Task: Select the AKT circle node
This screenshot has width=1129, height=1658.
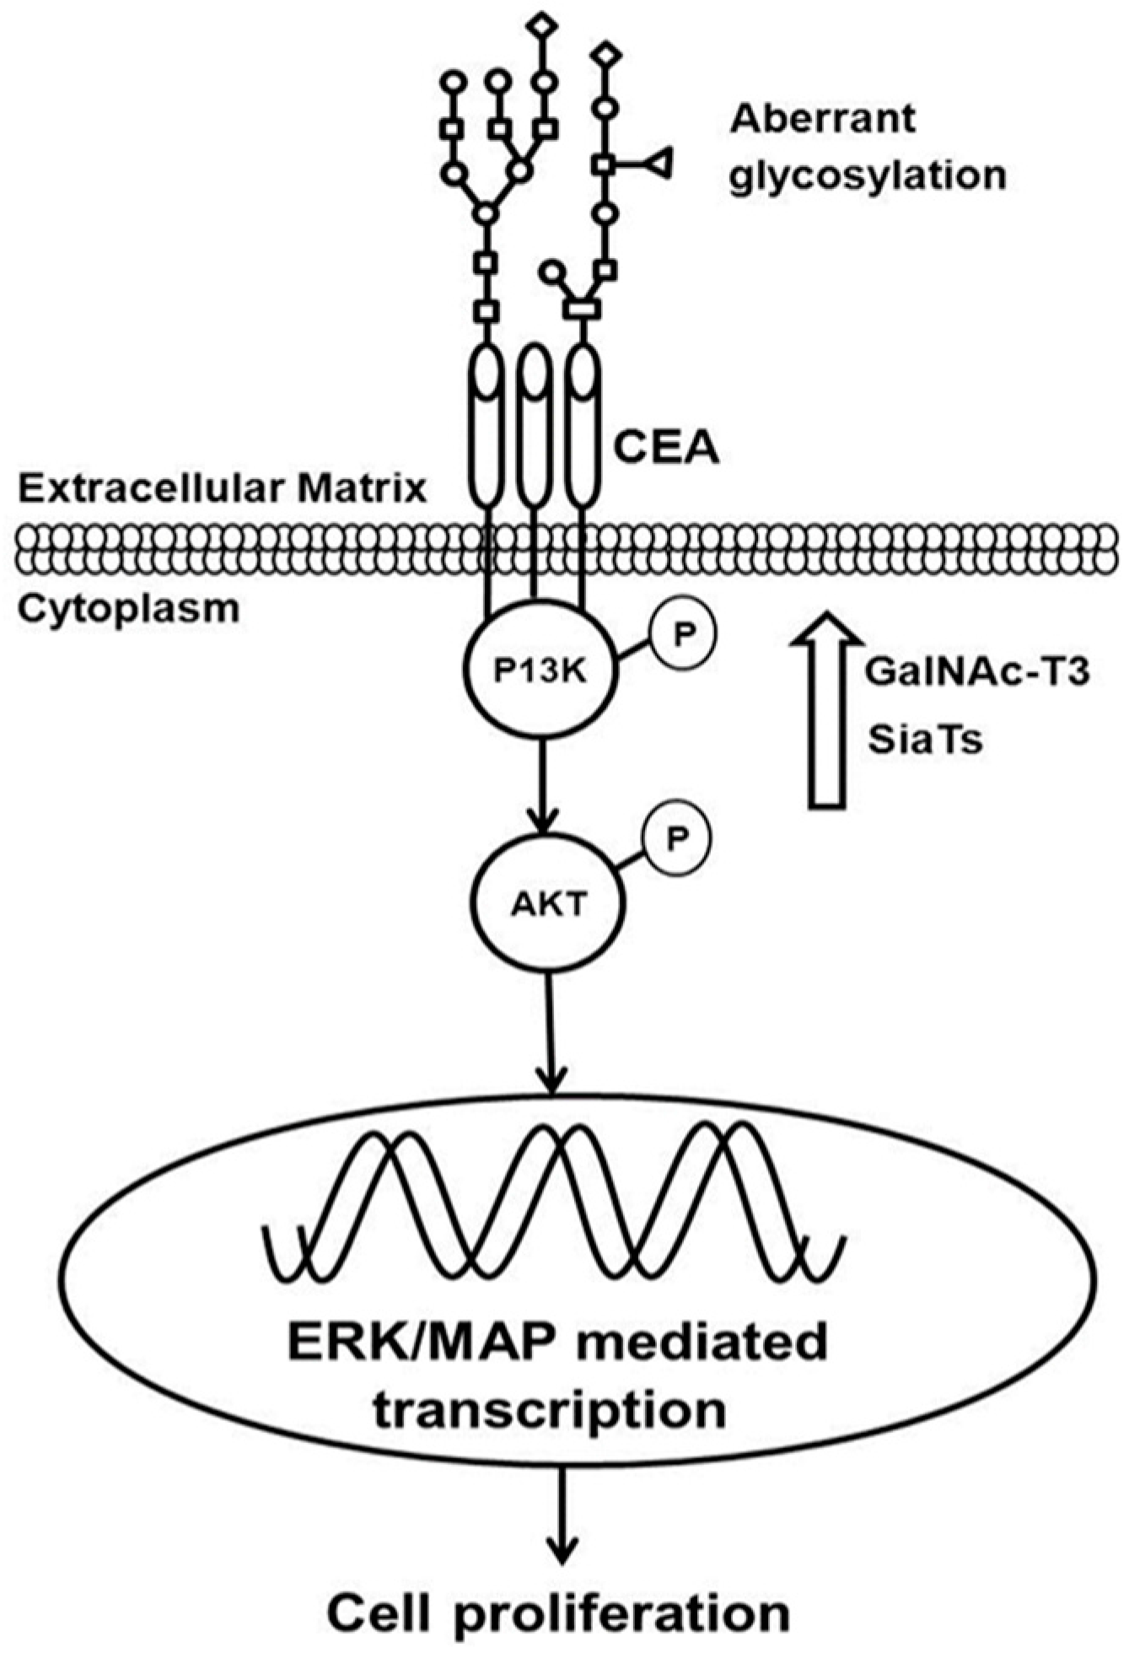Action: [x=548, y=905]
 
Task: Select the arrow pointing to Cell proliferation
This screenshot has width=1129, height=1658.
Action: [x=562, y=1508]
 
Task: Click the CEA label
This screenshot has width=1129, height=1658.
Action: [x=666, y=448]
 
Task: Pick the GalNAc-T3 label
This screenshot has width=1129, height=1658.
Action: [x=978, y=673]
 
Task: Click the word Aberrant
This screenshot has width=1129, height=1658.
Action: [x=822, y=119]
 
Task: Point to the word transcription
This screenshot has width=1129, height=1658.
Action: [x=550, y=1410]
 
